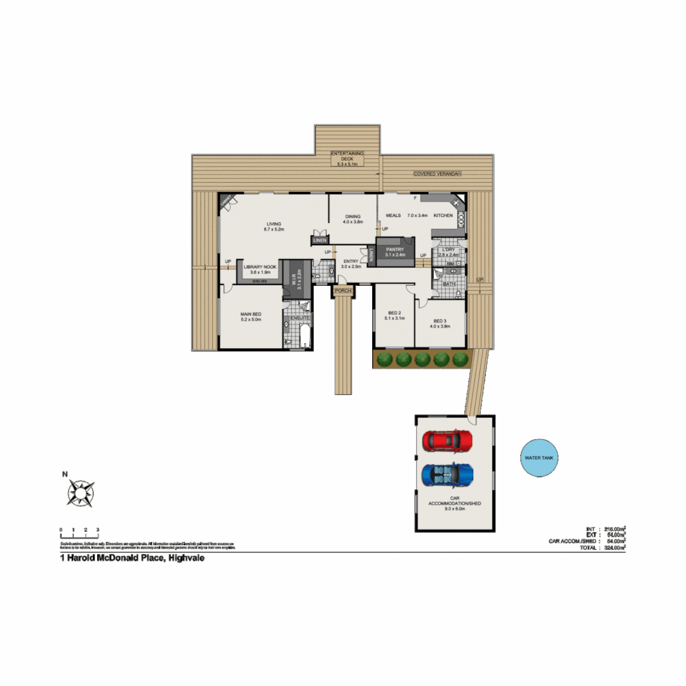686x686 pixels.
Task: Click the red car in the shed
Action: coord(448,440)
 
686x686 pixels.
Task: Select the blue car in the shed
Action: coord(448,474)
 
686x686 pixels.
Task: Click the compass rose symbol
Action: coord(81,492)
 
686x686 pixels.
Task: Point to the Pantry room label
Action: coord(395,250)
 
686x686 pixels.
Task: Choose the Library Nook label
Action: coord(260,267)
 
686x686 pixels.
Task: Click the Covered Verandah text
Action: coord(436,173)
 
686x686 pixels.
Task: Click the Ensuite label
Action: coord(300,318)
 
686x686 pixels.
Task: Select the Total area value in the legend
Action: coord(614,547)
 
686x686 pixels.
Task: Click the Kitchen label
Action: coord(443,216)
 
